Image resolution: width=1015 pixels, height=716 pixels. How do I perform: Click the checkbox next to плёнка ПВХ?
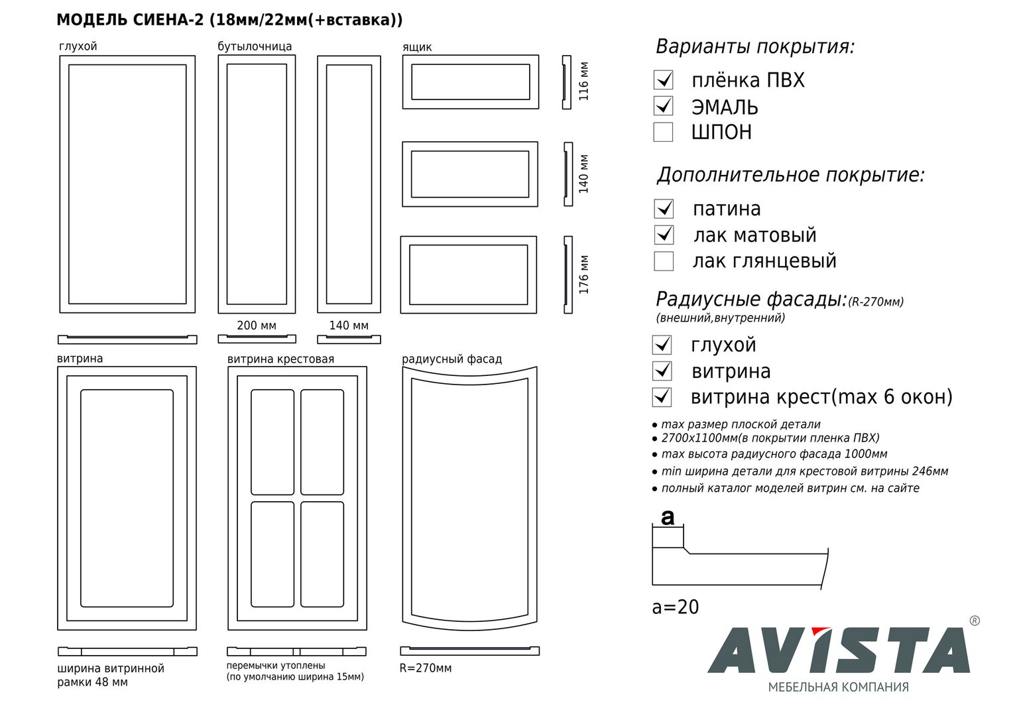663,80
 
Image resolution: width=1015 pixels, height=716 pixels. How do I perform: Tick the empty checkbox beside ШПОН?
663,132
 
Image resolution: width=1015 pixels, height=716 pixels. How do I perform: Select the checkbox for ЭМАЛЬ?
663,106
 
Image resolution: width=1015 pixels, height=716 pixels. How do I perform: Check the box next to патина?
664,209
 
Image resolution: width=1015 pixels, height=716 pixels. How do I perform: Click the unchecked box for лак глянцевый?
664,261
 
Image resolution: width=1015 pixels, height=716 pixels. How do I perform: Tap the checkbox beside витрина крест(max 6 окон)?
662,397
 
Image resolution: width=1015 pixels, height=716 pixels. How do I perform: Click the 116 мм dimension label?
584,82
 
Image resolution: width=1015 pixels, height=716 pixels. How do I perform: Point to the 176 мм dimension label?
584,274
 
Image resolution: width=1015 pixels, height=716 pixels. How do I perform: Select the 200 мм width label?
257,326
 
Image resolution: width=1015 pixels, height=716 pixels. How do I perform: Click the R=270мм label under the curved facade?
426,668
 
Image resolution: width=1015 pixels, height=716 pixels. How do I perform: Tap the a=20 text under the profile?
676,607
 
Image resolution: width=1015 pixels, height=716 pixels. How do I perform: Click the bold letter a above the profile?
668,516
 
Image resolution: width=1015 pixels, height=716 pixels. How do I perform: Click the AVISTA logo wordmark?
839,650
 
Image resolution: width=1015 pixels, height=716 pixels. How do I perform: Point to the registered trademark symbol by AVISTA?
974,621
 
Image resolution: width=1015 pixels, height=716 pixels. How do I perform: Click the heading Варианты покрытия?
755,47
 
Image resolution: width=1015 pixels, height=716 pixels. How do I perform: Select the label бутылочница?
255,46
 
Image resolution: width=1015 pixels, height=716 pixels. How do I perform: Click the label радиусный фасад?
451,359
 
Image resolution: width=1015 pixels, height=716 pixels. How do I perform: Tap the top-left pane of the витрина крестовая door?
272,442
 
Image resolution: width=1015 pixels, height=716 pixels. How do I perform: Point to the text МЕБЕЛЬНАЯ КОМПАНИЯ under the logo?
838,687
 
